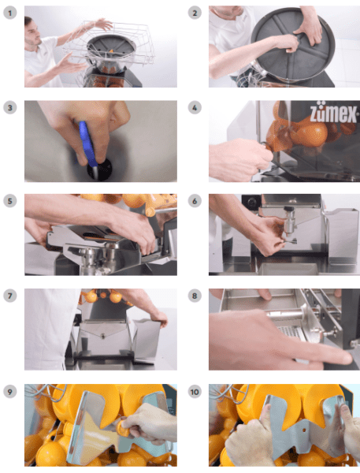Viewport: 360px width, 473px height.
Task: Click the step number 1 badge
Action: click(x=10, y=13)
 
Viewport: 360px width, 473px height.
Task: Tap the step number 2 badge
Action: click(x=195, y=13)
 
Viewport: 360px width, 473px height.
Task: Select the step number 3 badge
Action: click(x=10, y=108)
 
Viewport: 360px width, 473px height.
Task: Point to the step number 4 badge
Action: click(x=195, y=108)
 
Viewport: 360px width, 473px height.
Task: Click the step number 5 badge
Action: click(x=10, y=201)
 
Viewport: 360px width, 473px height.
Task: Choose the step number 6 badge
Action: click(x=195, y=201)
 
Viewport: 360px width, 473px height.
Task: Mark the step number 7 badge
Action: click(x=10, y=296)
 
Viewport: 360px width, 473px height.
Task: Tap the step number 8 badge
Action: click(x=195, y=296)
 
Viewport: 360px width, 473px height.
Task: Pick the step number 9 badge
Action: click(x=10, y=392)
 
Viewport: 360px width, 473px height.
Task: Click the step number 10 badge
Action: click(x=195, y=392)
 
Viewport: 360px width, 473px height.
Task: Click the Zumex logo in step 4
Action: click(x=334, y=114)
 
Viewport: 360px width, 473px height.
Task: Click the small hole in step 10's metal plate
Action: click(x=304, y=430)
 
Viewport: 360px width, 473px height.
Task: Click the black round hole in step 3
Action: click(x=100, y=169)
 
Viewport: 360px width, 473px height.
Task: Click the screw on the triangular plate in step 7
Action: click(x=103, y=335)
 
